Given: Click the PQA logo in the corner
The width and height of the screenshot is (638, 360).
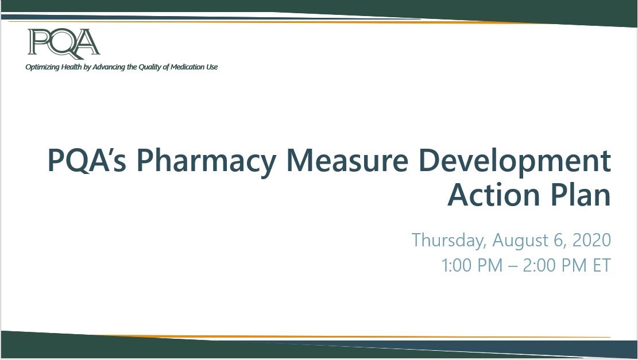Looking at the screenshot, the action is (64, 42).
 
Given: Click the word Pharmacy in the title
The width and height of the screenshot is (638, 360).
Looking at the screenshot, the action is (206, 161).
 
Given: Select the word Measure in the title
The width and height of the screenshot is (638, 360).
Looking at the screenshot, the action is (347, 160).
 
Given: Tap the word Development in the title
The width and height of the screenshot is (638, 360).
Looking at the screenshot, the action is (515, 161).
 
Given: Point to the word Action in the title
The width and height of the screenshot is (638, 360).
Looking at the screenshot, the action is (494, 195).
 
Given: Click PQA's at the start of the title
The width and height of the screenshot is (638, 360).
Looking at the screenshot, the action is (87, 160).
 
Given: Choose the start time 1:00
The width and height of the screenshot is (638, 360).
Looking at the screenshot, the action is (456, 265).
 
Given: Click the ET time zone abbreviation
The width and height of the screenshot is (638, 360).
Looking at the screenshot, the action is (602, 265).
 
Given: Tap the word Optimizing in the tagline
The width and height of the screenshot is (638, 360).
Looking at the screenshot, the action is (42, 67).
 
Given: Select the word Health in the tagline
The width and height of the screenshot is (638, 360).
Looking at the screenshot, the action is (72, 67).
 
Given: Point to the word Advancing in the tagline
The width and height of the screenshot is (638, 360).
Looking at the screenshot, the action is (109, 67).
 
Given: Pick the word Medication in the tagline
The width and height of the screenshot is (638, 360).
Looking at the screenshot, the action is (188, 67).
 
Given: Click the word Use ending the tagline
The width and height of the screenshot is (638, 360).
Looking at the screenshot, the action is (212, 67).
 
